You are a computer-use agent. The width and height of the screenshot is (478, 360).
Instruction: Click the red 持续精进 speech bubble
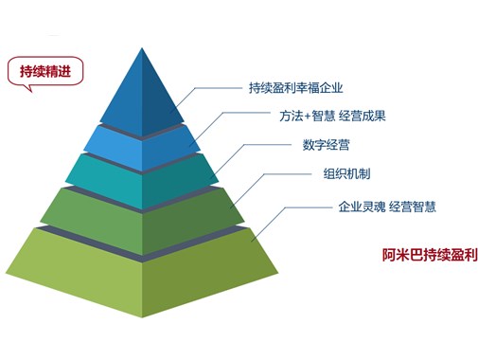pos(44,71)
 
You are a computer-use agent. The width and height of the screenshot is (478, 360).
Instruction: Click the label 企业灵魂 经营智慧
pos(386,207)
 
